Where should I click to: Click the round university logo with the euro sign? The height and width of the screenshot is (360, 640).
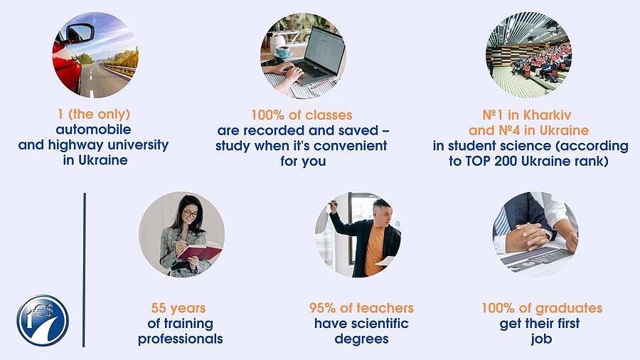tap(43, 320)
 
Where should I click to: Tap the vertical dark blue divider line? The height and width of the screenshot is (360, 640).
tap(84, 270)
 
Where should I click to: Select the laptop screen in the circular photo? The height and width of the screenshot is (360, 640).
tap(324, 51)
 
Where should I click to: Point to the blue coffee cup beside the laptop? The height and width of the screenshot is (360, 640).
tap(282, 51)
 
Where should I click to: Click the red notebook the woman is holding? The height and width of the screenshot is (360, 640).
tap(200, 252)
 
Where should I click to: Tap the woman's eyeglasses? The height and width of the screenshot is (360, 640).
tap(190, 213)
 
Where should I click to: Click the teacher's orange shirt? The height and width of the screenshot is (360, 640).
tap(374, 250)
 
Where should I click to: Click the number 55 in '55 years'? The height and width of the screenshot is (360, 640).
tap(159, 308)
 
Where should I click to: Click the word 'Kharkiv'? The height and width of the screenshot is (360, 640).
tap(548, 115)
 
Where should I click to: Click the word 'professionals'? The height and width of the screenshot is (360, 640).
tap(181, 339)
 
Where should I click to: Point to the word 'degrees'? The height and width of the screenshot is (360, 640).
tap(362, 339)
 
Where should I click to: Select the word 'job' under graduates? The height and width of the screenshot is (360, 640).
tap(541, 339)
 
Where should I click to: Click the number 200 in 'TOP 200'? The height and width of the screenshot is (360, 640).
tap(506, 162)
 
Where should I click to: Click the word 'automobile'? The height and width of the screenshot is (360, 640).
tap(93, 129)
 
